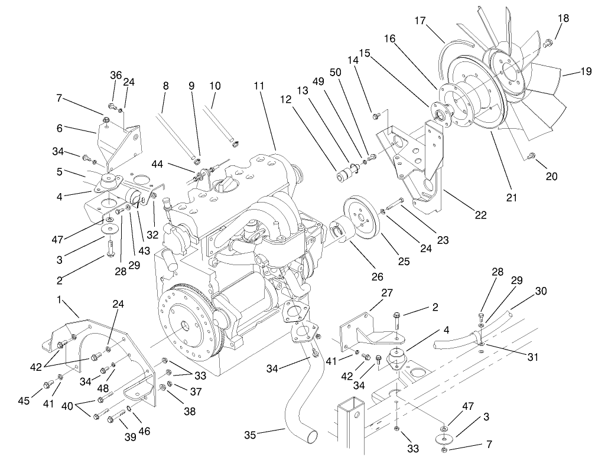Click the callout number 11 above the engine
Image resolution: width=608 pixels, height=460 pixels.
point(258,86)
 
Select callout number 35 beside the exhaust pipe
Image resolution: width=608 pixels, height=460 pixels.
point(250,436)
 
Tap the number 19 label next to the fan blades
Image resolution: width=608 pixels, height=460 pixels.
point(586,72)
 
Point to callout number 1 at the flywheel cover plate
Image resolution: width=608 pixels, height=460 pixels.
point(59,299)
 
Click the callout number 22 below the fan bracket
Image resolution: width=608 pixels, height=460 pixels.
point(481,215)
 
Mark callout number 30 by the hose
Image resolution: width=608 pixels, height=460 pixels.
point(541,291)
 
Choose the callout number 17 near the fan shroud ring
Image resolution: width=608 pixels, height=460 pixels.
point(420,21)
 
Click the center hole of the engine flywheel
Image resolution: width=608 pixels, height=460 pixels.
point(186,325)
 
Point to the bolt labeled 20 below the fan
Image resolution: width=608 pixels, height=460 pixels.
point(531,156)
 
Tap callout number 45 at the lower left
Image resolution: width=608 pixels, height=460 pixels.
point(24,402)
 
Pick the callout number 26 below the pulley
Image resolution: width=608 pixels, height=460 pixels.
point(377,276)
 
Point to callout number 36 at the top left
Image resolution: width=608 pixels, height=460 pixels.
point(116,75)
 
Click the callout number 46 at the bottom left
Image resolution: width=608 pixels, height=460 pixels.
point(145,431)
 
